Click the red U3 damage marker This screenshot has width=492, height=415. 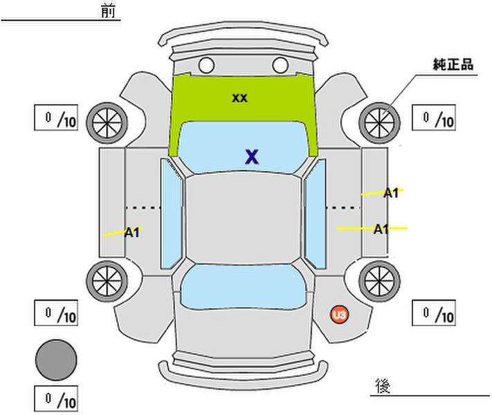[x=339, y=314]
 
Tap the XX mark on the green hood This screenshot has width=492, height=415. [x=239, y=98]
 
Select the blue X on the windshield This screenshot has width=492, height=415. [x=252, y=157]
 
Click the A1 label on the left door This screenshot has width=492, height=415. [x=131, y=233]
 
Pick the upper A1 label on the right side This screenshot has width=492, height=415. [x=391, y=193]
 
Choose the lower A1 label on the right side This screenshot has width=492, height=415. [x=381, y=230]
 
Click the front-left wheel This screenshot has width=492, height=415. [x=107, y=123]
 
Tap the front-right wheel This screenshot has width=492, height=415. [x=379, y=123]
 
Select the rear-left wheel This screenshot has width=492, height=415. [x=107, y=282]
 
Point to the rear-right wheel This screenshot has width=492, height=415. [x=379, y=282]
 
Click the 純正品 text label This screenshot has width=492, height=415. [x=453, y=64]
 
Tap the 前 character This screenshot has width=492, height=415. [x=108, y=10]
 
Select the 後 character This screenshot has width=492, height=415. [x=383, y=385]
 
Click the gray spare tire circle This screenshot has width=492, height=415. [x=56, y=360]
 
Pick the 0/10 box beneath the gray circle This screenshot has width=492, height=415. [x=56, y=398]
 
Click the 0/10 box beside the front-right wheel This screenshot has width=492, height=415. [x=434, y=118]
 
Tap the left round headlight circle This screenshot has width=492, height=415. [x=206, y=65]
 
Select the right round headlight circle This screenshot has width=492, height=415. [x=280, y=65]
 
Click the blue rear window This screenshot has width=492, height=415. [x=243, y=287]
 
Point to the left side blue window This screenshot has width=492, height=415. [x=172, y=214]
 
